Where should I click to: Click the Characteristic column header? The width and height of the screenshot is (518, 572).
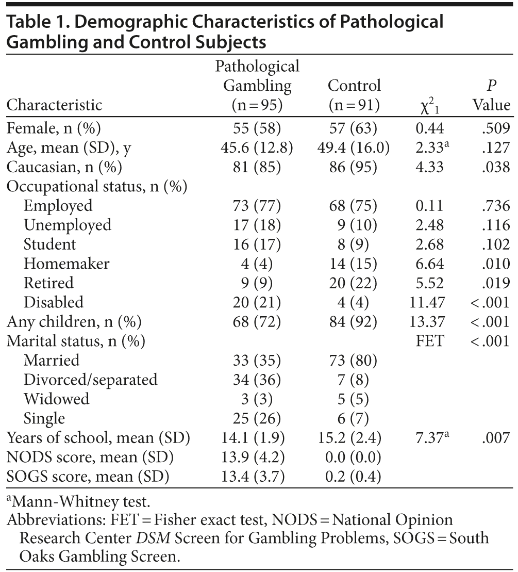tap(54, 105)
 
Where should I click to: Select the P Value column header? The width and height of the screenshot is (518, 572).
tap(491, 95)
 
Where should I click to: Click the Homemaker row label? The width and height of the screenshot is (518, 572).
tap(66, 264)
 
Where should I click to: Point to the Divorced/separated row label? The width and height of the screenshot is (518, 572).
tap(90, 380)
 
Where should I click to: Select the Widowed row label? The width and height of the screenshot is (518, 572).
tap(56, 399)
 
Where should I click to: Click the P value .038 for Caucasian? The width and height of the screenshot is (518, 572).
tap(497, 167)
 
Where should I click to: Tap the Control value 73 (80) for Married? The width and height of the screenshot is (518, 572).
tap(353, 360)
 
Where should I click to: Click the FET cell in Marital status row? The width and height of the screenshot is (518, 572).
tap(429, 341)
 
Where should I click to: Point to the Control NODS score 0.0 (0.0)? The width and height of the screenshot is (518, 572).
tap(353, 457)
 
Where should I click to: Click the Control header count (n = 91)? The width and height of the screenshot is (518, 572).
tap(354, 105)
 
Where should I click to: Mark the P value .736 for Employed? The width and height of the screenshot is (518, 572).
tap(497, 205)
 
